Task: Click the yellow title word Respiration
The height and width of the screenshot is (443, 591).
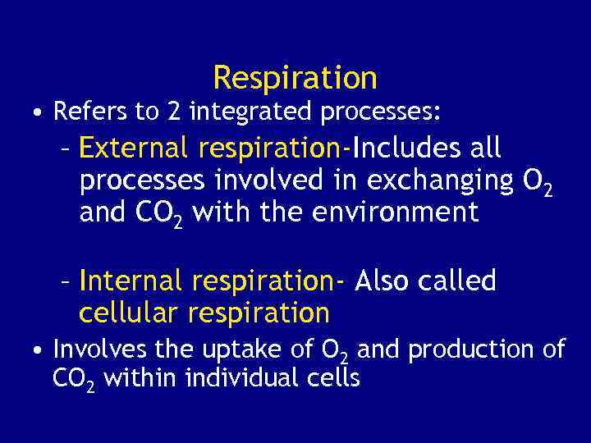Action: (x=295, y=78)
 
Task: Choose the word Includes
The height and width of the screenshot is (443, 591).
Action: (x=402, y=148)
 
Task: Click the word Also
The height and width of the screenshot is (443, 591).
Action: (x=383, y=281)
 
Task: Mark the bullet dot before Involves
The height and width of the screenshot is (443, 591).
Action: (x=39, y=351)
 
